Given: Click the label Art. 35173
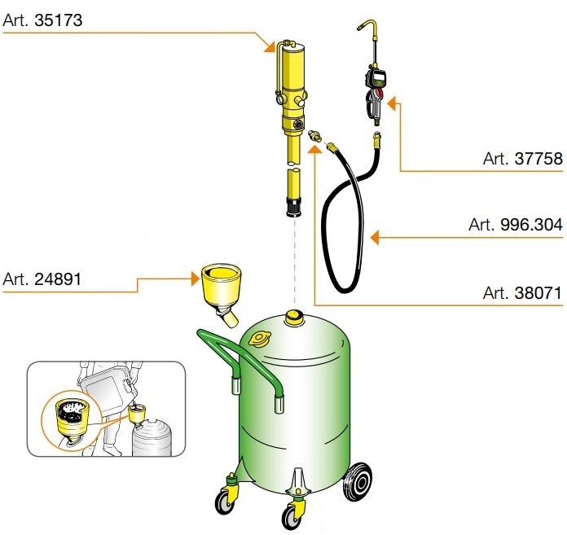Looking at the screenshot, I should [42, 17].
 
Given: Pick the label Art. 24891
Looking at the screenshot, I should [42, 280].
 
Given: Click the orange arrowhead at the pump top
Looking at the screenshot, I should [275, 46].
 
